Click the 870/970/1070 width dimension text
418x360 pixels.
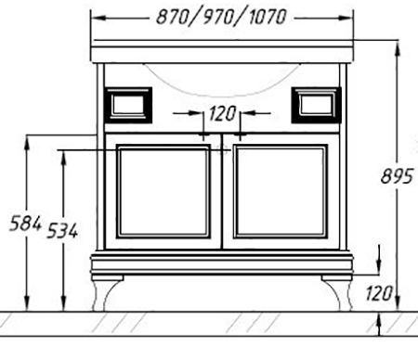pyautogui.click(x=221, y=17)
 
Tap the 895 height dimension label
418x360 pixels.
pyautogui.click(x=397, y=176)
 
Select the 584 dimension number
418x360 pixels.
pyautogui.click(x=25, y=224)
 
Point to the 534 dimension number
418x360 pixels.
pyautogui.click(x=62, y=231)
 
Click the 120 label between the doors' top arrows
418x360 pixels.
pyautogui.click(x=222, y=113)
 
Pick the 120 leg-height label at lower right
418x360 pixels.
pyautogui.click(x=379, y=293)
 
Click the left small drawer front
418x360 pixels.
pyautogui.click(x=128, y=105)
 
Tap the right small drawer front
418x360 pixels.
pyautogui.click(x=316, y=105)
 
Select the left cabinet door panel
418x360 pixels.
pyautogui.click(x=163, y=191)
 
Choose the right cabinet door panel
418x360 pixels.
pyautogui.click(x=281, y=191)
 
